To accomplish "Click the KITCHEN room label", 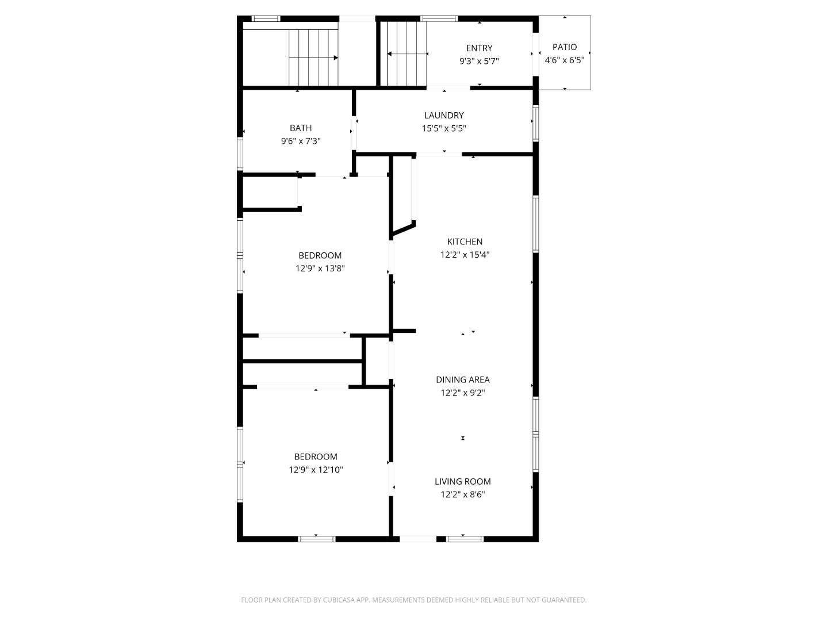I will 465,241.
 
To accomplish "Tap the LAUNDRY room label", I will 444,116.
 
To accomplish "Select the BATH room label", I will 301,128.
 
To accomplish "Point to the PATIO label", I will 565,47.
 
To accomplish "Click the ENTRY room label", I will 479,48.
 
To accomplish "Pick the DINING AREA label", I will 463,379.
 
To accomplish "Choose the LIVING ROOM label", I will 463,482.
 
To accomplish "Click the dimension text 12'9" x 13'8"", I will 320,269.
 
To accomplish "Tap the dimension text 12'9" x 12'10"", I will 316,470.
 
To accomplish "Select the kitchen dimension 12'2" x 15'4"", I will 465,255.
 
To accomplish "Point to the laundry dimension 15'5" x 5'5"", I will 444,129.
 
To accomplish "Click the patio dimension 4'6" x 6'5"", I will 565,60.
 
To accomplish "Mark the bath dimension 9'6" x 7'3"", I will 301,141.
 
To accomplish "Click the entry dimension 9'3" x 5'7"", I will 479,61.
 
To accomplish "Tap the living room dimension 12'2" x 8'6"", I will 463,494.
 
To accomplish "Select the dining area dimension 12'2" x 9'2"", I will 463,393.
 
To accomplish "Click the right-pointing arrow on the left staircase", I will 335,57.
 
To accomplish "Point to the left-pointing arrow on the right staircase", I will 390,54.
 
